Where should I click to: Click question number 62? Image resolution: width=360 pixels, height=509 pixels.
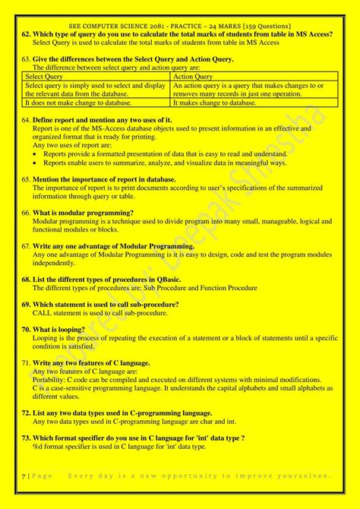point(26,34)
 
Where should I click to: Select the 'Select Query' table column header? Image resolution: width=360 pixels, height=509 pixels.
point(43,76)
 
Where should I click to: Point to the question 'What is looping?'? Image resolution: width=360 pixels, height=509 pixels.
point(62,329)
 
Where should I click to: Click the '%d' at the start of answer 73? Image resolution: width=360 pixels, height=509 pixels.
point(38,446)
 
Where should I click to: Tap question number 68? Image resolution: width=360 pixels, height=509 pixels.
point(26,280)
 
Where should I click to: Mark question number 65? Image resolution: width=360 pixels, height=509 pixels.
point(26,179)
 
